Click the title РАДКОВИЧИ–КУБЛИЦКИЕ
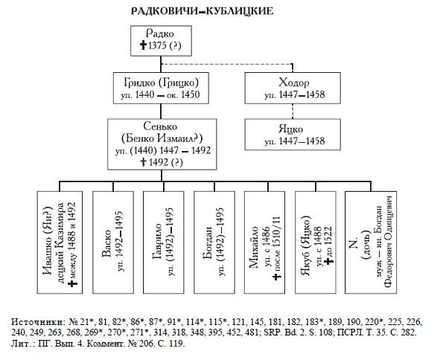pos(203,11)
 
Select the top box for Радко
pos(161,41)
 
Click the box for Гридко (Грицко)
pos(161,88)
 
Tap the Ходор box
pos(293,88)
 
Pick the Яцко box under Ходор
pos(293,135)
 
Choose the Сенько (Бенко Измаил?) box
pos(162,144)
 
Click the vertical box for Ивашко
pos(60,242)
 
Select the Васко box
pos(113,242)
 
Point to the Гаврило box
pos(164,242)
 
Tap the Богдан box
pos(214,242)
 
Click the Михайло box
pos(265,242)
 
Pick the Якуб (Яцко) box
pos(316,242)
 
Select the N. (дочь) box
pos(371,242)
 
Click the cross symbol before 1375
pos(144,45)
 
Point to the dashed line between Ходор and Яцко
pos(293,112)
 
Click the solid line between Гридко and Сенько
pos(161,112)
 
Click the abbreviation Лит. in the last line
pos(20,344)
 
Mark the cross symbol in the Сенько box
pos(144,162)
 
